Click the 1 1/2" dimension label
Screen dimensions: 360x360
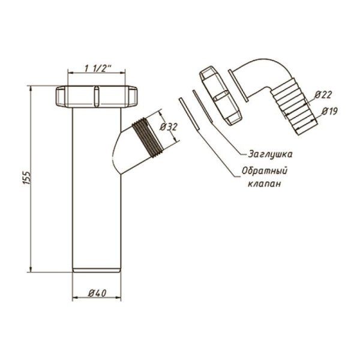point(98,68)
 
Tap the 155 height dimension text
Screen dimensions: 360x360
point(26,178)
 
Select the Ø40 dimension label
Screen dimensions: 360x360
point(97,293)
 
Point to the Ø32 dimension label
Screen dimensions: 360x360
point(169,127)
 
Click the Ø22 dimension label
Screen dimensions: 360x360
point(323,95)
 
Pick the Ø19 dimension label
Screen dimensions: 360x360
point(329,112)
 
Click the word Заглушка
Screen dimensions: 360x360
point(271,154)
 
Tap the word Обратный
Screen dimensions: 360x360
point(265,171)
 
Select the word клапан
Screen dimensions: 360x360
point(264,184)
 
